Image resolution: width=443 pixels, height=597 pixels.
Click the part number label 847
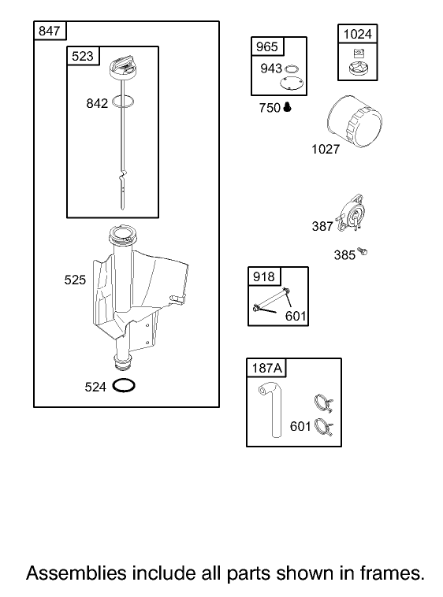(49, 31)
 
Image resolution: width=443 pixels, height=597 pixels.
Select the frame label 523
(82, 56)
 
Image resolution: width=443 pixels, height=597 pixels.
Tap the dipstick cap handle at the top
(124, 67)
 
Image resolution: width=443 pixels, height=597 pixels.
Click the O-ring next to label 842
(124, 102)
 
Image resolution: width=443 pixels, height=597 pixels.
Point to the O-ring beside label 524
(124, 385)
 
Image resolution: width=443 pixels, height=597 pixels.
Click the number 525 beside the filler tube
(75, 280)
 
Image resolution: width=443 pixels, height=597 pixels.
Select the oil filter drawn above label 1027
(354, 121)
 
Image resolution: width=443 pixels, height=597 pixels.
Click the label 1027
(326, 149)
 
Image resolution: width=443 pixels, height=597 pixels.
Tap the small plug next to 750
(288, 107)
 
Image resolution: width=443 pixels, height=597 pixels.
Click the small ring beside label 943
(292, 69)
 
